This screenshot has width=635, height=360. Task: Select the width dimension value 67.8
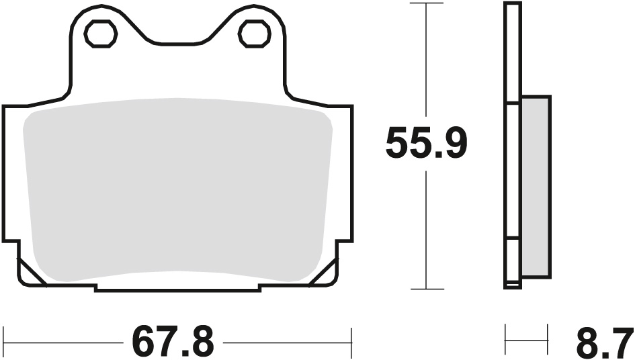pyautogui.click(x=173, y=341)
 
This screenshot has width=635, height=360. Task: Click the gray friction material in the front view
pyautogui.click(x=178, y=191)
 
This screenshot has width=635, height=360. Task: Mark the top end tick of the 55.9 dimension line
pyautogui.click(x=427, y=3)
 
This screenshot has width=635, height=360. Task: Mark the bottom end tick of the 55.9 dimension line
pyautogui.click(x=427, y=289)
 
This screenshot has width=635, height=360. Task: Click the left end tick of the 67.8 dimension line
pyautogui.click(x=4, y=341)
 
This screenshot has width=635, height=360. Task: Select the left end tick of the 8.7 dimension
pyautogui.click(x=505, y=341)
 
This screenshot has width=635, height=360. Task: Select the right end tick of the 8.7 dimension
pyautogui.click(x=548, y=341)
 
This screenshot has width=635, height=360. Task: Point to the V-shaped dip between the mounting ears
pyautogui.click(x=177, y=44)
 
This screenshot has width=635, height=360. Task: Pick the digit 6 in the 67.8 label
pyautogui.click(x=144, y=341)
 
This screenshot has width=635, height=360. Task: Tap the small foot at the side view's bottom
pyautogui.click(x=512, y=285)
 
